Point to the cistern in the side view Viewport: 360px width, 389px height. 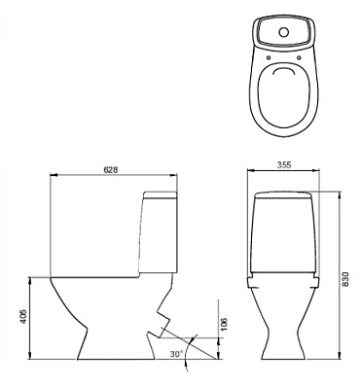pyautogui.click(x=162, y=233)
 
